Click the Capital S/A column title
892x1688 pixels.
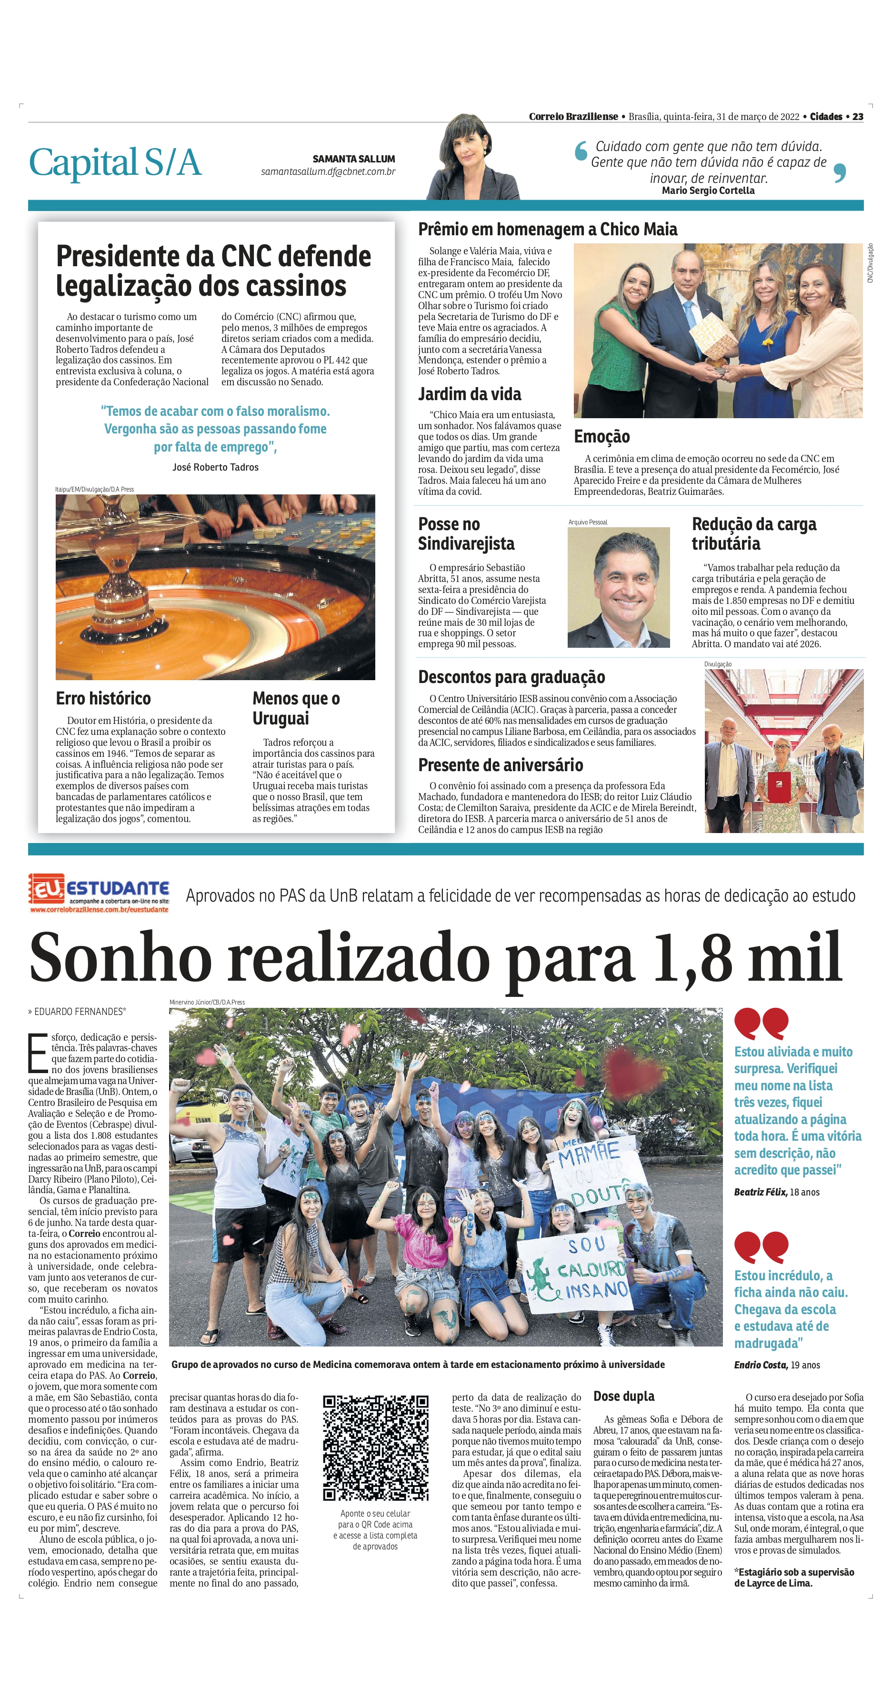pyautogui.click(x=115, y=162)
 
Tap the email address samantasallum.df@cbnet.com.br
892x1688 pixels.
pyautogui.click(x=328, y=171)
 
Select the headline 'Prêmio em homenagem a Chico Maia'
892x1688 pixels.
pyautogui.click(x=547, y=230)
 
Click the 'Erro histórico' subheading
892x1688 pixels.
pyautogui.click(x=103, y=699)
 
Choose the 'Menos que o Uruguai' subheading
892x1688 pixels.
pyautogui.click(x=296, y=708)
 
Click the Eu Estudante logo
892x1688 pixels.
pyautogui.click(x=98, y=893)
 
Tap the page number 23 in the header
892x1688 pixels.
pyautogui.click(x=858, y=117)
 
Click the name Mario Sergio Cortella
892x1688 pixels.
pyautogui.click(x=708, y=191)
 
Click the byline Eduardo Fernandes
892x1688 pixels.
pyautogui.click(x=79, y=1012)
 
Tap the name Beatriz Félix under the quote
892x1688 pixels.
pyautogui.click(x=760, y=1192)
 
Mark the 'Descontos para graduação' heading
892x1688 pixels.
pyautogui.click(x=511, y=677)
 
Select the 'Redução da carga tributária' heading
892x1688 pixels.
pyautogui.click(x=754, y=533)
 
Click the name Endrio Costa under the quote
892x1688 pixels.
pyautogui.click(x=759, y=1365)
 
